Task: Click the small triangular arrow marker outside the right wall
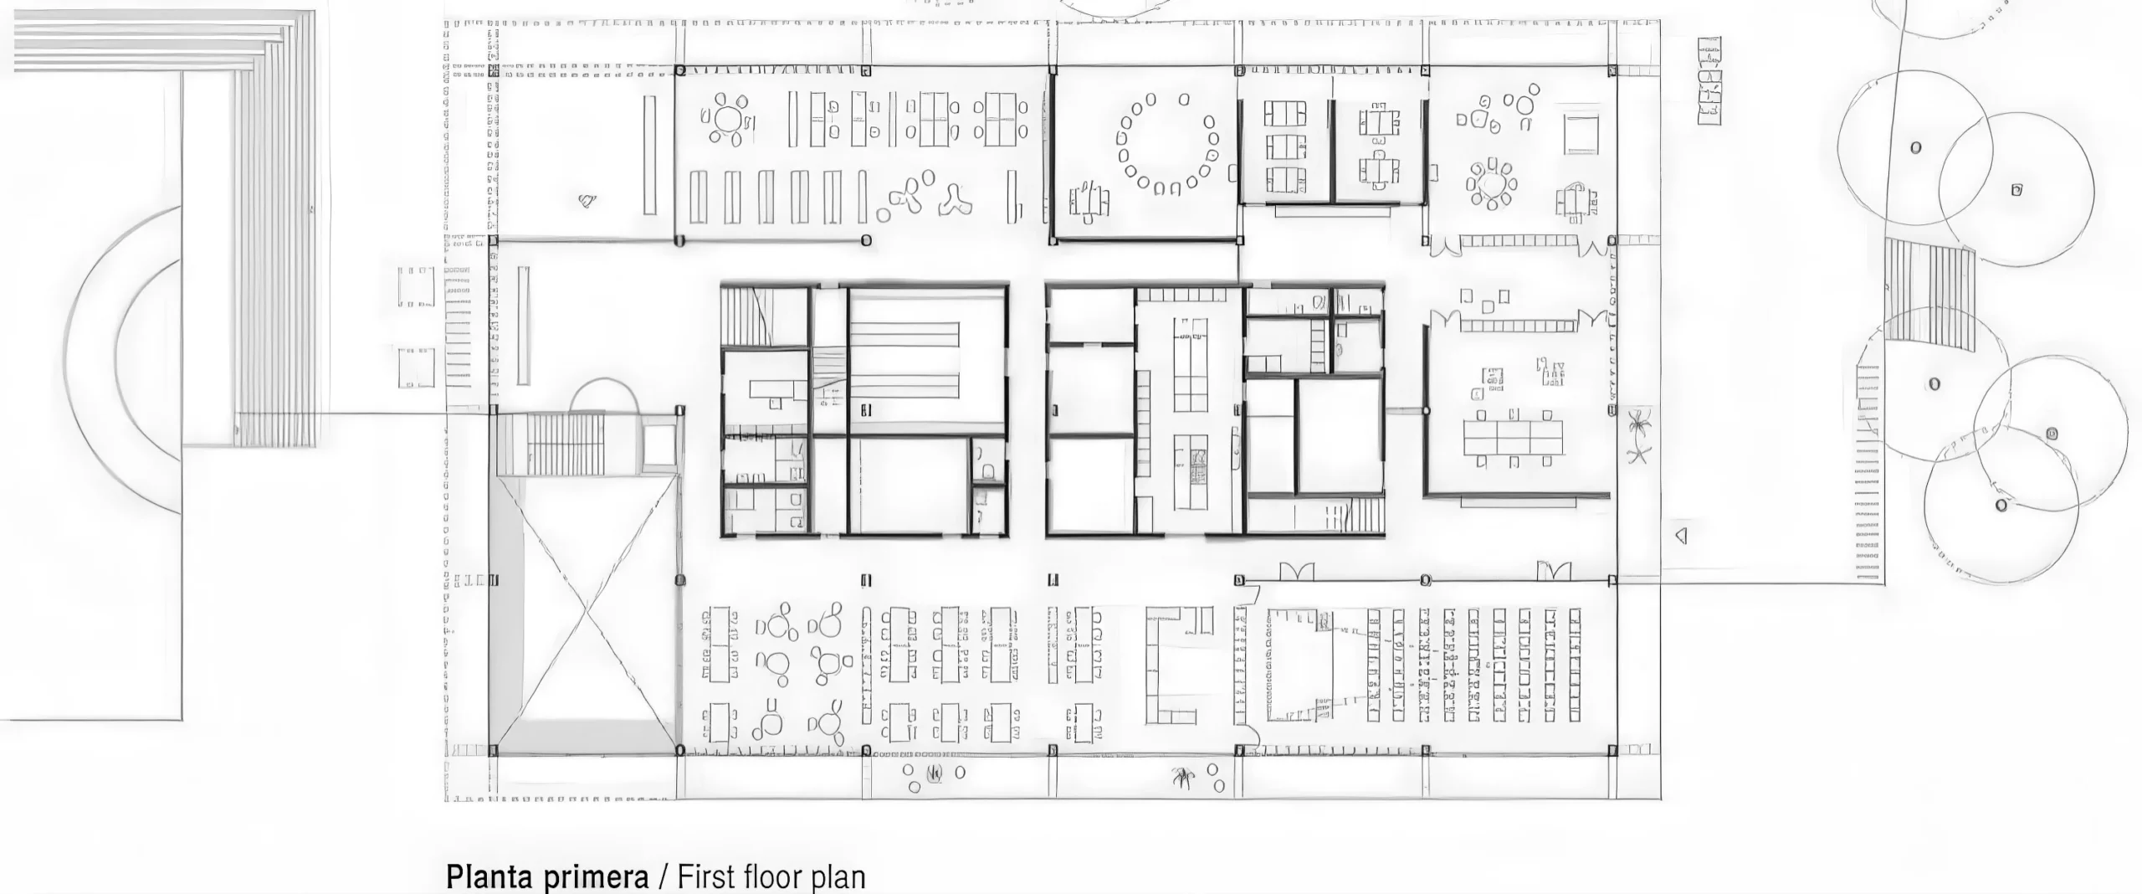pos(1680,535)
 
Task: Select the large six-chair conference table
pos(1513,437)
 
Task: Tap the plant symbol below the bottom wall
pos(1181,778)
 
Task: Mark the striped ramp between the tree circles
pos(1928,306)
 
